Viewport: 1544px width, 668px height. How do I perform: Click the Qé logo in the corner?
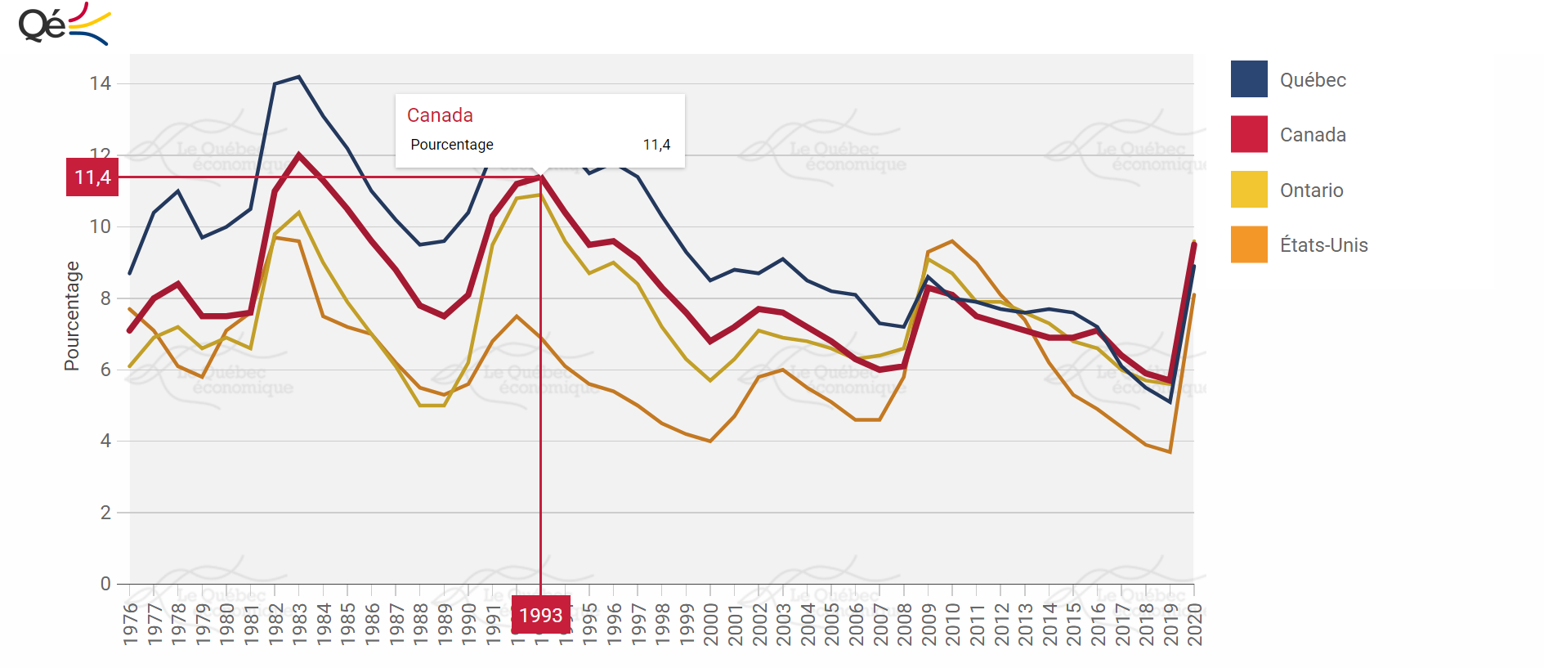tap(63, 25)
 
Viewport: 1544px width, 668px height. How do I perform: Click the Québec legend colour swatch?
tap(1249, 79)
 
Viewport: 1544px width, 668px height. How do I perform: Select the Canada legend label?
tap(1313, 135)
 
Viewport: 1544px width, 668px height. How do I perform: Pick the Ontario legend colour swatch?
tap(1249, 190)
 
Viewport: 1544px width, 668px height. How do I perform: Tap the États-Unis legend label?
tap(1323, 245)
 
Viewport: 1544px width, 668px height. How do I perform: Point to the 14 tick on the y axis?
tap(101, 83)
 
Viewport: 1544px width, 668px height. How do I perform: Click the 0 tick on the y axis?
tap(105, 584)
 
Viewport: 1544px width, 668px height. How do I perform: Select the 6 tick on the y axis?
tap(105, 370)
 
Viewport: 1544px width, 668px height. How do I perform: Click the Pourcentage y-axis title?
tap(72, 316)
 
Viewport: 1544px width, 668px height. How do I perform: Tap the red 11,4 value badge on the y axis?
tap(92, 177)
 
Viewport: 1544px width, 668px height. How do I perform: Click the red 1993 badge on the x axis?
tap(540, 616)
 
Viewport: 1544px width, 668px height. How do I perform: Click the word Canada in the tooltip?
tap(440, 115)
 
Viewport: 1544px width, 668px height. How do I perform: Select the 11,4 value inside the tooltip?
tap(656, 145)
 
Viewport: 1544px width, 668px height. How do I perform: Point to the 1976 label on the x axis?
tap(131, 624)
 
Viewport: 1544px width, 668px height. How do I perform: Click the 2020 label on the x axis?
tap(1195, 624)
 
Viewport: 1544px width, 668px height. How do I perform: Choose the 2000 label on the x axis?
tap(711, 624)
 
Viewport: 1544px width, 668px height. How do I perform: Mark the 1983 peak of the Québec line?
tap(299, 77)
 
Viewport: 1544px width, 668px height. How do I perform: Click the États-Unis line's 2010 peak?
tap(952, 241)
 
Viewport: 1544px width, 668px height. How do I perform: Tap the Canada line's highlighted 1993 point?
tap(540, 177)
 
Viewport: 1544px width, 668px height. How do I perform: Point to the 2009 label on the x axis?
tap(929, 624)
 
